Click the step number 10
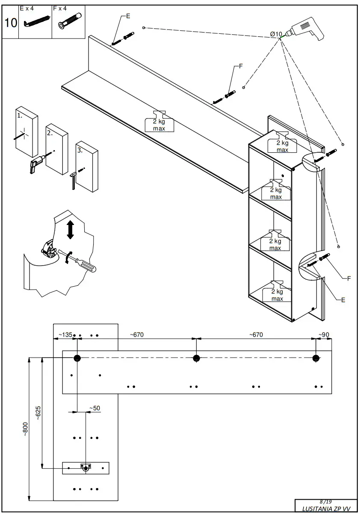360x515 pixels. (x=11, y=23)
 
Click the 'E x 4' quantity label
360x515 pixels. (x=27, y=8)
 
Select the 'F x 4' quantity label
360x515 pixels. (x=60, y=8)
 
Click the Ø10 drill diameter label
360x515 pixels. (x=276, y=34)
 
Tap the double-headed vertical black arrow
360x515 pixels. (x=71, y=230)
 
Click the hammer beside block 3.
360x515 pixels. (x=74, y=180)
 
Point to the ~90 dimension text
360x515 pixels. (x=323, y=334)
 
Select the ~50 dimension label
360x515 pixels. (x=94, y=408)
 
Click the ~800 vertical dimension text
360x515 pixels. (x=25, y=429)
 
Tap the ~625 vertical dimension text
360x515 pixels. (x=38, y=413)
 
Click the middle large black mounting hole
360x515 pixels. (x=196, y=358)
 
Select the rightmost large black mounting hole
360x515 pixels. (x=316, y=358)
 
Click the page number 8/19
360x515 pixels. (x=325, y=501)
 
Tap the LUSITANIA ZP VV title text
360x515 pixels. (x=326, y=509)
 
